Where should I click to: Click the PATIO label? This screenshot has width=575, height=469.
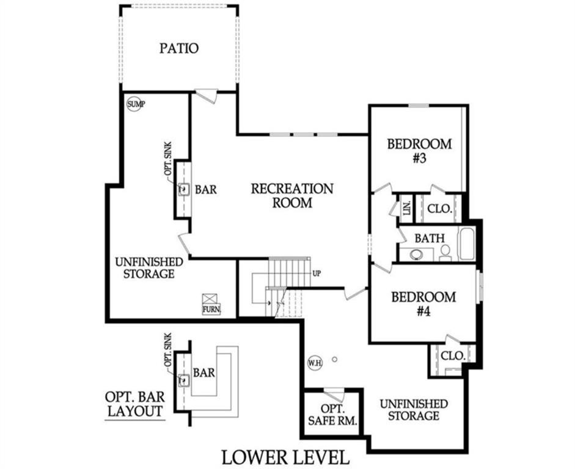click(179, 48)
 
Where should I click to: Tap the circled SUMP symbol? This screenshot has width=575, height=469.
click(136, 104)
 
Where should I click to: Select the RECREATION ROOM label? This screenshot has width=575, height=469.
click(292, 195)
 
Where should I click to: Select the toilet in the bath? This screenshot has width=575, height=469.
click(445, 252)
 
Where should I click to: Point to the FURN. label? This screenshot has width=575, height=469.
click(211, 310)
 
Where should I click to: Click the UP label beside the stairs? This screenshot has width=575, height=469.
click(317, 273)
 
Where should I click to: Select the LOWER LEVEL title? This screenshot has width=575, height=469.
click(285, 457)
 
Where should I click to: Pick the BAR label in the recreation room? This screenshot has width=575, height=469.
click(205, 189)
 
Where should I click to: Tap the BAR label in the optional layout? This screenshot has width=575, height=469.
click(203, 372)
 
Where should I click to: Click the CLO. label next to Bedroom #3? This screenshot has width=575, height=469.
click(440, 208)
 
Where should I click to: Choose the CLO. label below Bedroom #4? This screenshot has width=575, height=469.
click(453, 355)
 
